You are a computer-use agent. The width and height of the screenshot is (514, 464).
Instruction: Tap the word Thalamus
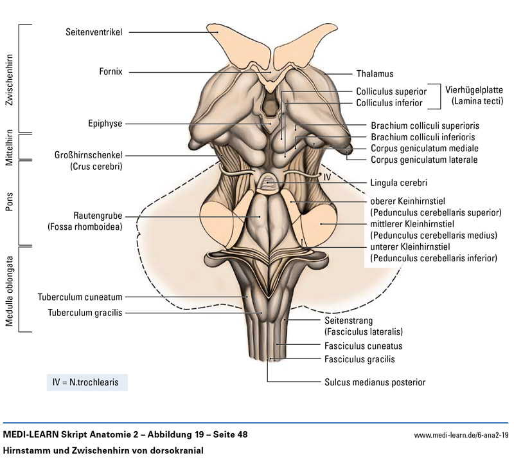pyautogui.click(x=375, y=74)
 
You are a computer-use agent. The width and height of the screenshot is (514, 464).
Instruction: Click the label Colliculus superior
pyautogui.click(x=391, y=91)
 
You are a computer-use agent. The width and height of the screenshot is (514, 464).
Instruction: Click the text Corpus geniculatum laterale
pyautogui.click(x=424, y=160)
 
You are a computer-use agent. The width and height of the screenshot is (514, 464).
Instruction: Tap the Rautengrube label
pyautogui.click(x=98, y=216)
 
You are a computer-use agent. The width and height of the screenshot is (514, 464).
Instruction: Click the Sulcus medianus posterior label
pyautogui.click(x=375, y=382)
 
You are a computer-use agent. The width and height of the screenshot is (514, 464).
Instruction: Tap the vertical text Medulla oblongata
pyautogui.click(x=10, y=290)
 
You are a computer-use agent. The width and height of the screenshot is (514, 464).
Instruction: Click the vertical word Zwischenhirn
pyautogui.click(x=10, y=78)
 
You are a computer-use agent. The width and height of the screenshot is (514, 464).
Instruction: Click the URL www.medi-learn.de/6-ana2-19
pyautogui.click(x=461, y=436)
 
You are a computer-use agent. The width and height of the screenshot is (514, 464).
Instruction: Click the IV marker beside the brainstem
pyautogui.click(x=326, y=176)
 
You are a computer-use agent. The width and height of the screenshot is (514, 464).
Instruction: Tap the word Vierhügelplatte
pyautogui.click(x=476, y=90)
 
